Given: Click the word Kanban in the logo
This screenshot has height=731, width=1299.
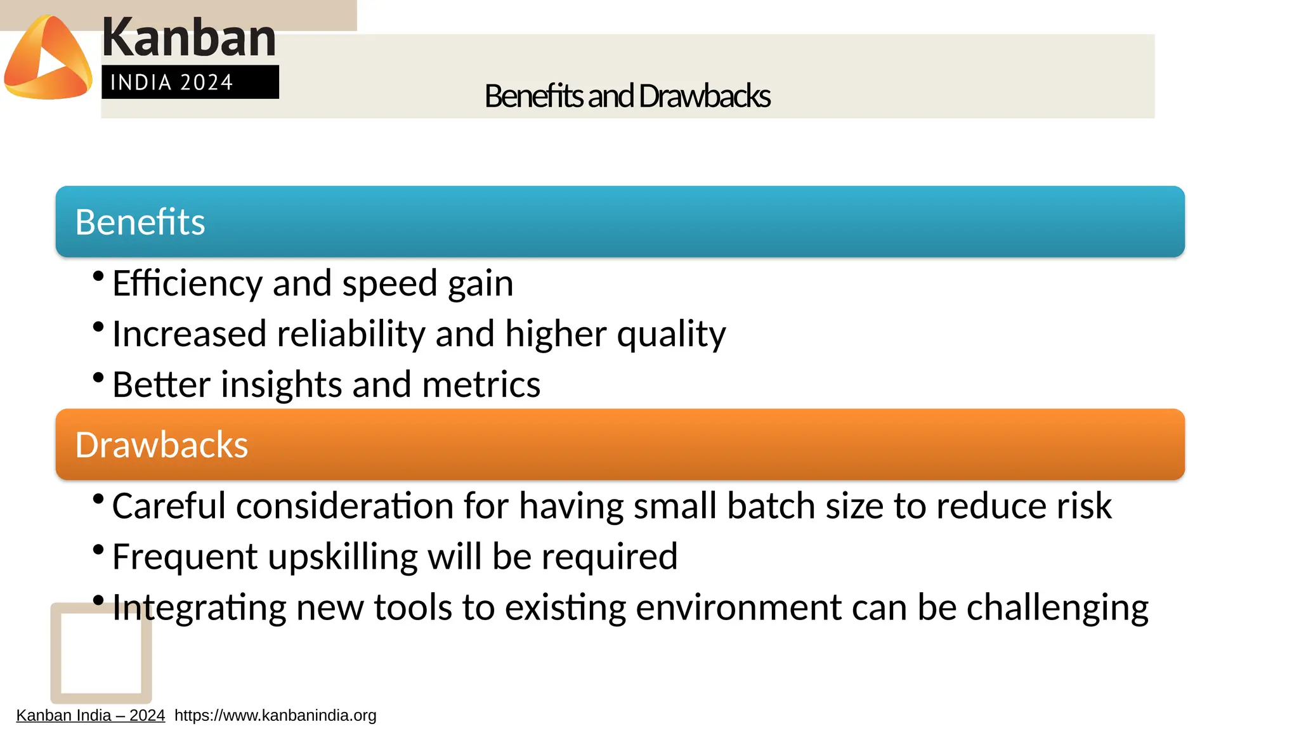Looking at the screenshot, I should point(188,37).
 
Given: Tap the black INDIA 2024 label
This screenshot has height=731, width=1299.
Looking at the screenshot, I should point(190,82).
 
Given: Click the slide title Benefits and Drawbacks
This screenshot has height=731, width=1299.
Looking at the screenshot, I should point(627,96).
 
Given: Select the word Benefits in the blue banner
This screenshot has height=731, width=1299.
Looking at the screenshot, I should point(140,222).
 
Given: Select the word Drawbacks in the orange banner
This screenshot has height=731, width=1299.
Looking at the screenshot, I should point(161,444).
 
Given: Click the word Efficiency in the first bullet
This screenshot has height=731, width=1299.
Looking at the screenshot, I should point(186,283).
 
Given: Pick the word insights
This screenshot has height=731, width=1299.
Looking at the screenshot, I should point(281,385).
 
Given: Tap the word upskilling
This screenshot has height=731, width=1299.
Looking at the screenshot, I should point(343,557).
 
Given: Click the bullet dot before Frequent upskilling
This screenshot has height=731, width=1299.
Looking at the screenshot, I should point(98,549).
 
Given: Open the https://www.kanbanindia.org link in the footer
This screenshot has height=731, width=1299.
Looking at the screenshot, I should point(275,716).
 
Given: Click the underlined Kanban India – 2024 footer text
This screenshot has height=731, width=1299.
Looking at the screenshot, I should point(90,716).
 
